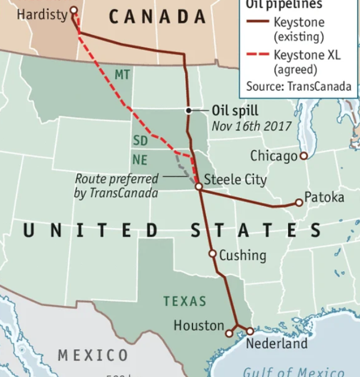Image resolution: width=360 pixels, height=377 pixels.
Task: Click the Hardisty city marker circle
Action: coord(74,10)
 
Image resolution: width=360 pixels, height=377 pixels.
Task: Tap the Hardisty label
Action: coord(42,14)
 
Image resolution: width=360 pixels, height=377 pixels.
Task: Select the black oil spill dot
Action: coord(188,110)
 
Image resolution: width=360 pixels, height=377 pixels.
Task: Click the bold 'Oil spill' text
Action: coord(235,111)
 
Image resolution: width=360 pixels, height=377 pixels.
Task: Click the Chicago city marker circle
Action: coord(303,156)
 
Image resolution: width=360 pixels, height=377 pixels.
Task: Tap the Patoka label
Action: coord(323,197)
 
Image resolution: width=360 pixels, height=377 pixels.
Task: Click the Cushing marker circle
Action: coord(213,254)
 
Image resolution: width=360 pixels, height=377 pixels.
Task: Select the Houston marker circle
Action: coord(229,333)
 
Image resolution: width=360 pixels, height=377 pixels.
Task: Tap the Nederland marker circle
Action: coord(250,332)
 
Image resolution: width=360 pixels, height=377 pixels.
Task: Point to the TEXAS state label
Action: coord(185,302)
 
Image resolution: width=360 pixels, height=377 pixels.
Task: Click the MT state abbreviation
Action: coord(122,75)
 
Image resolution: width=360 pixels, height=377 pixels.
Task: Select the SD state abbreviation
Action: coord(140,141)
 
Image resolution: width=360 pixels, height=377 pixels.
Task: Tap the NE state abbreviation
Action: coord(140,160)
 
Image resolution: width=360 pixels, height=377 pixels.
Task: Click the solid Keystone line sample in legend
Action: coord(257,22)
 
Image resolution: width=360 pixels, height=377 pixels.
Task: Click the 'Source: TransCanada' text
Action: coord(299,87)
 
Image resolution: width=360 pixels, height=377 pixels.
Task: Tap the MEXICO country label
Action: coord(93,355)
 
